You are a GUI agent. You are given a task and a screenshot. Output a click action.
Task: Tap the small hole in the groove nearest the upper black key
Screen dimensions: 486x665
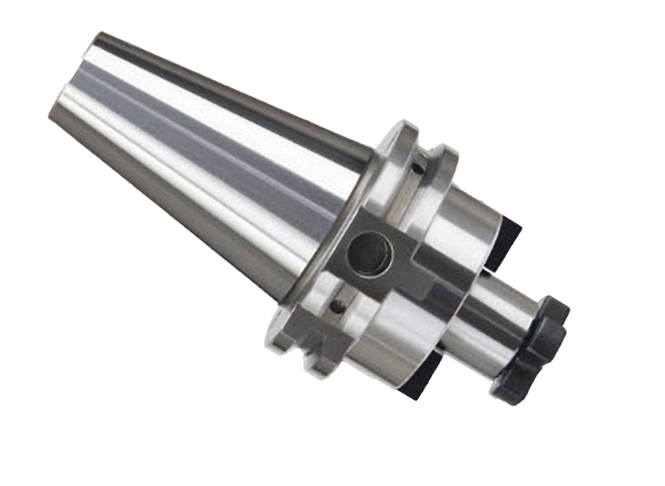click(418, 167)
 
